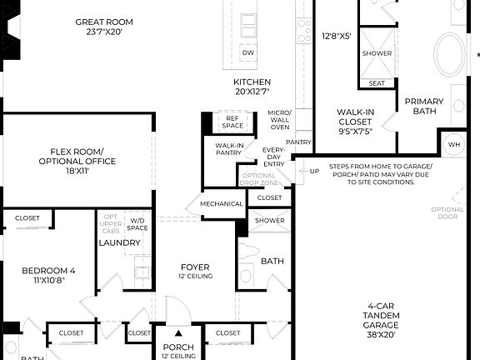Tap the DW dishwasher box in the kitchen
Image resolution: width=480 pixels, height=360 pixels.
[247, 52]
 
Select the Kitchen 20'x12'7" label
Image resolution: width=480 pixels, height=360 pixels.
[252, 87]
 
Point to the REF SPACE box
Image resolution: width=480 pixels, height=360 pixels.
[232, 122]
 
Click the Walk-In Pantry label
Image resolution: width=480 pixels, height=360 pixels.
[229, 150]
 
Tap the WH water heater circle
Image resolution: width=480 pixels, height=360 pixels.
[453, 144]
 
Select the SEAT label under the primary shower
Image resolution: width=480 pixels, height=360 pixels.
[377, 82]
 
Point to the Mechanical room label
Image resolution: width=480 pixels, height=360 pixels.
[222, 204]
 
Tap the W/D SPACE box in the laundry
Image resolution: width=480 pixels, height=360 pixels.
[137, 223]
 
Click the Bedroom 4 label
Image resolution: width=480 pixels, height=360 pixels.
[48, 275]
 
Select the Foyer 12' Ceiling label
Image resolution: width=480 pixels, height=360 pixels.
[195, 272]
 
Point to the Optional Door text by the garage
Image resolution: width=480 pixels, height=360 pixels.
[447, 214]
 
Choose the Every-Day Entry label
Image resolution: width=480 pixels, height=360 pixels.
[272, 157]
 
